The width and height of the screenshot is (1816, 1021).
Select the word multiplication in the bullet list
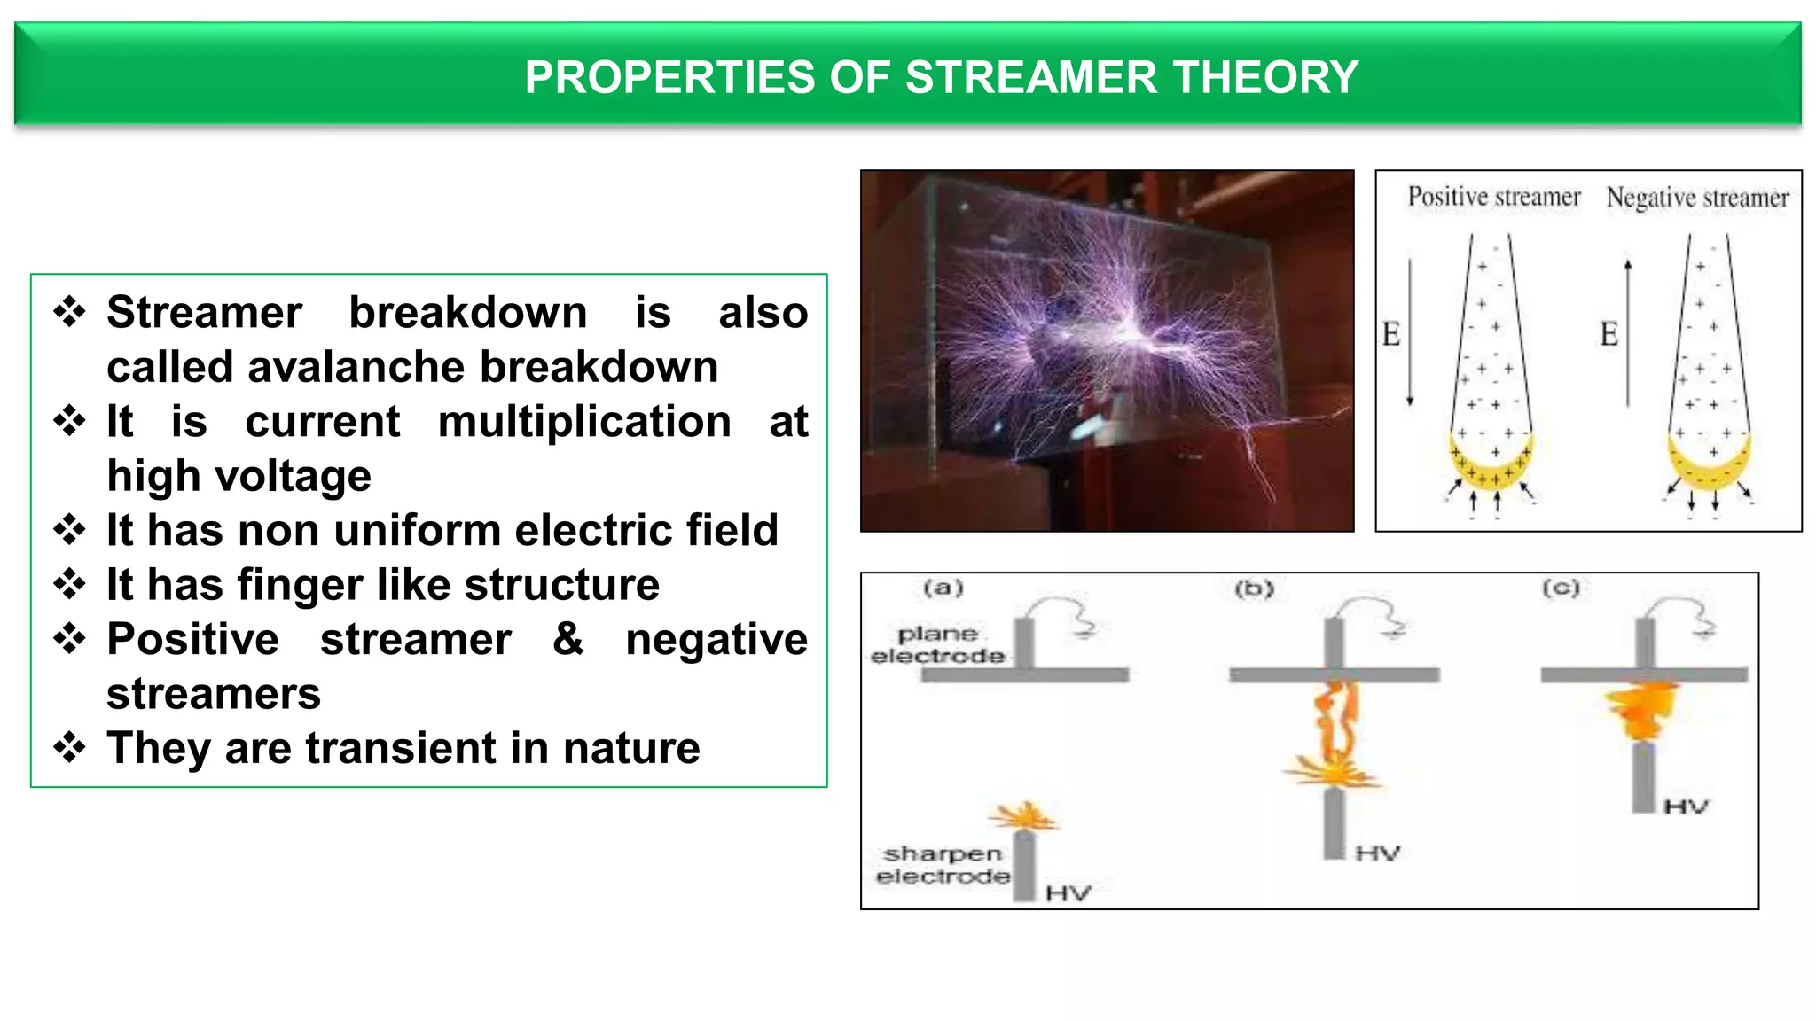[584, 421]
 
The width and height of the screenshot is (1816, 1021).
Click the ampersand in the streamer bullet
[568, 638]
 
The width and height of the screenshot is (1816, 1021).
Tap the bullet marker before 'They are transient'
[69, 747]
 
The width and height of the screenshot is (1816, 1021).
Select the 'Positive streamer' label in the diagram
[1494, 197]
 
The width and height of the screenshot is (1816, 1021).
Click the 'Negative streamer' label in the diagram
[1697, 198]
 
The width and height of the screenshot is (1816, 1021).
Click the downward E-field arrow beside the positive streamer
[1410, 332]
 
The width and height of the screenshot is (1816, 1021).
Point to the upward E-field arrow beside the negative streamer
[1628, 332]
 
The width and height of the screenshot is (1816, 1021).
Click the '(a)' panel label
[943, 588]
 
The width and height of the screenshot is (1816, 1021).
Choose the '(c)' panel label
[1561, 588]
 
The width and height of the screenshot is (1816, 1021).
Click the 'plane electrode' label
[937, 645]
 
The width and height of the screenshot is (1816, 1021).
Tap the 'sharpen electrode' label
[943, 865]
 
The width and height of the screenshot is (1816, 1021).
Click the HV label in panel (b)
[1377, 853]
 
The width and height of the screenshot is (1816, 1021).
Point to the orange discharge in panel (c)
[1642, 710]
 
